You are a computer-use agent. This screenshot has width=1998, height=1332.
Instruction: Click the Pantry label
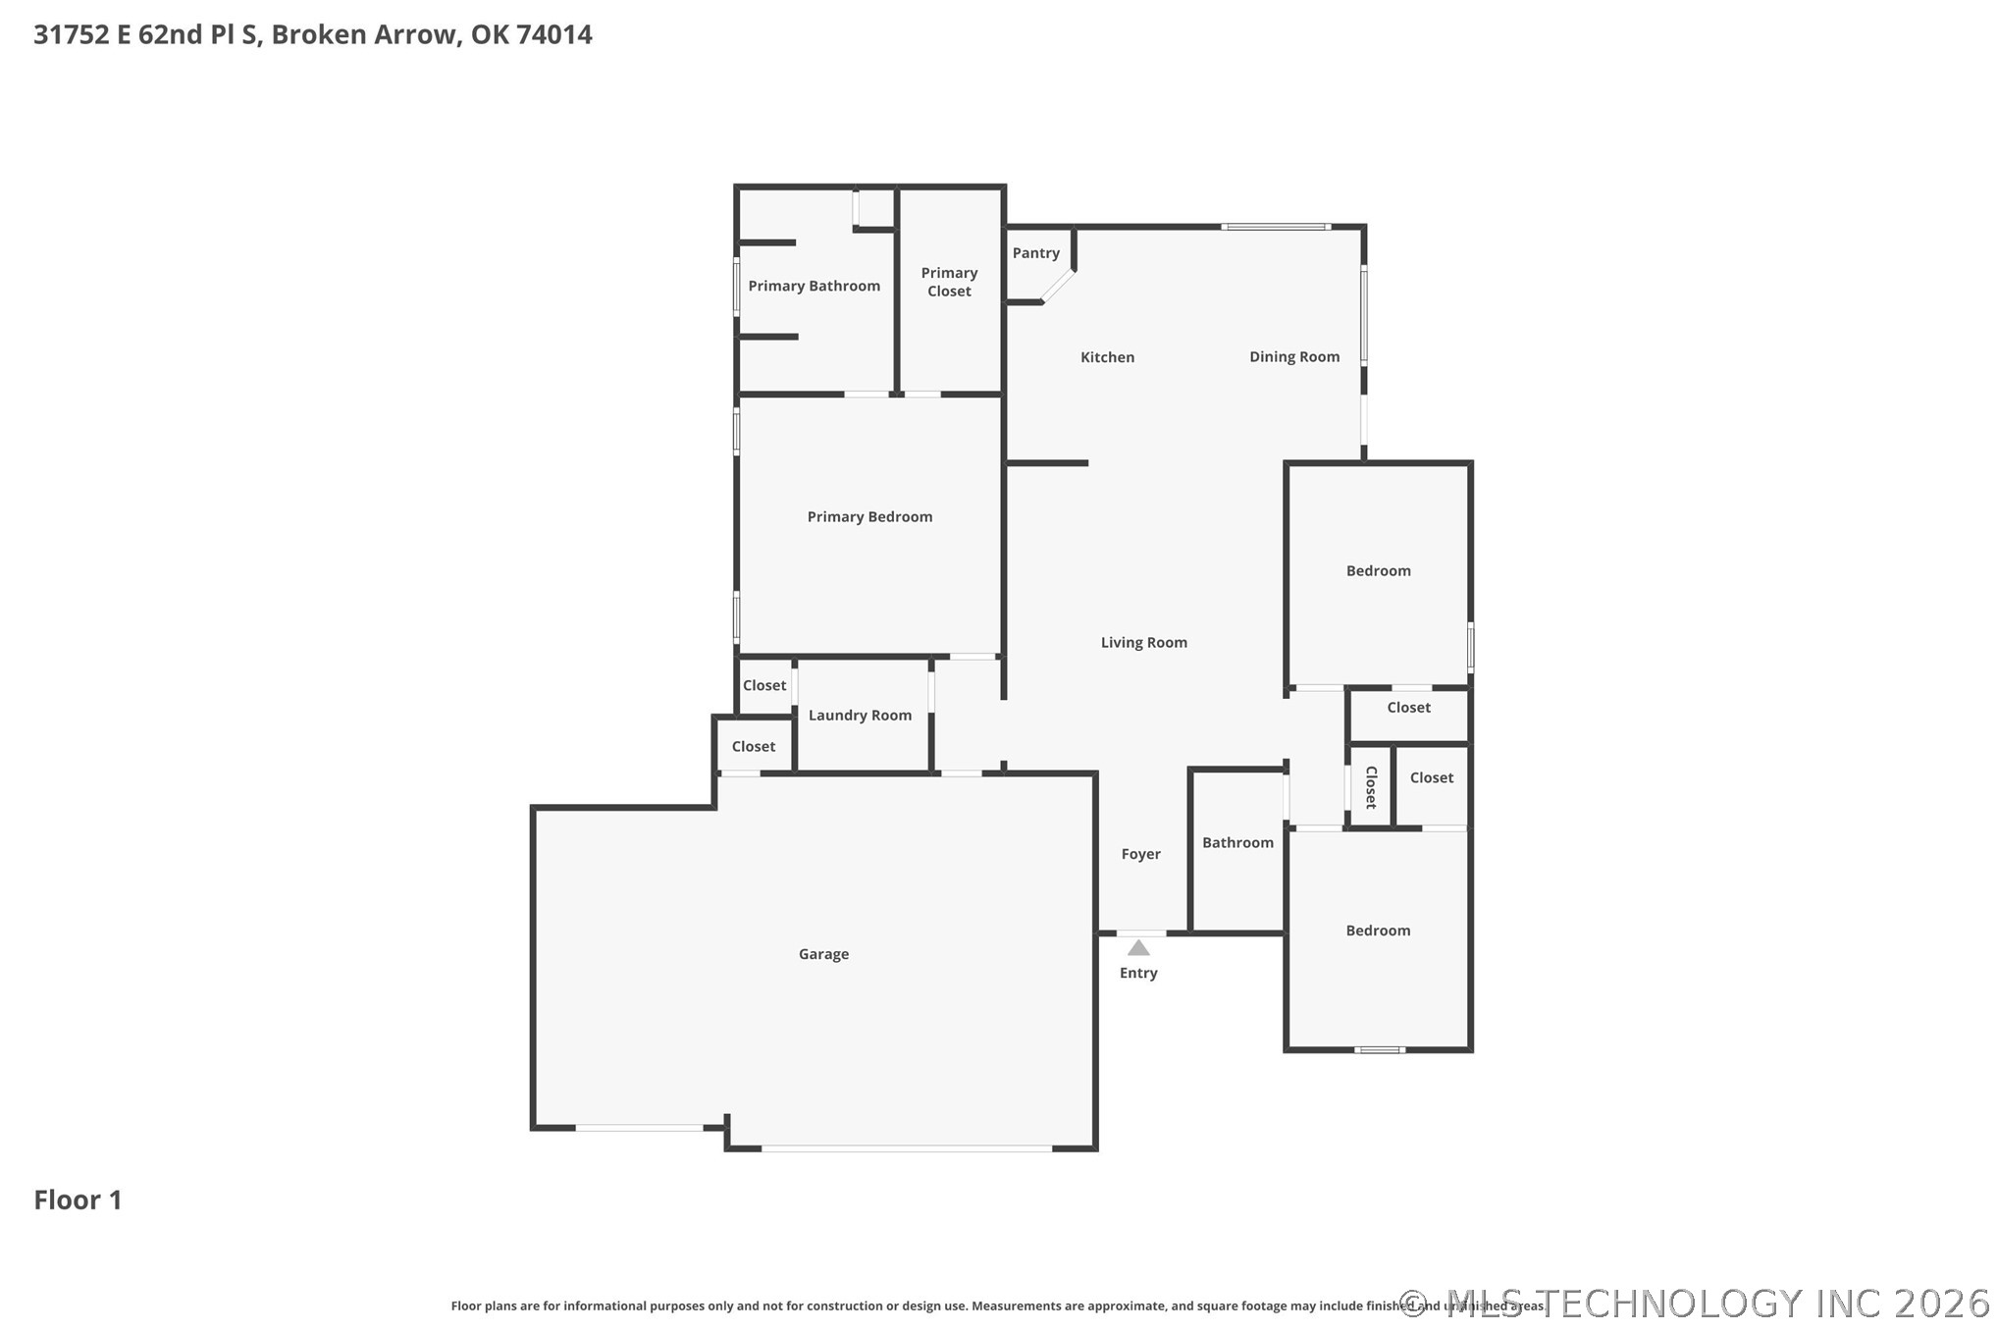[1035, 253]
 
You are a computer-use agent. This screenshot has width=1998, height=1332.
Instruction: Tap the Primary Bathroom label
[814, 286]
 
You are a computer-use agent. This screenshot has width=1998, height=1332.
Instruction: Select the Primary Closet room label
[949, 282]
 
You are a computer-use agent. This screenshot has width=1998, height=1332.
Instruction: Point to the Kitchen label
[1107, 357]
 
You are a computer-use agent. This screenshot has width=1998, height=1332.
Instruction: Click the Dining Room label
[1294, 357]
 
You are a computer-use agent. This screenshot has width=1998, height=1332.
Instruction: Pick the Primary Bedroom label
[869, 517]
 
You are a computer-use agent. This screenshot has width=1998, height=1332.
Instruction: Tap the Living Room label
[1143, 643]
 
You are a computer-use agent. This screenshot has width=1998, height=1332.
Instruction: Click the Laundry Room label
[860, 716]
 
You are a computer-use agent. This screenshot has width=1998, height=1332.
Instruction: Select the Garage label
[823, 954]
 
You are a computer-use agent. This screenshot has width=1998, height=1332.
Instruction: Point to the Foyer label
[1140, 855]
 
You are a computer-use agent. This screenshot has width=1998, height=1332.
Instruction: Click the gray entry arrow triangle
[1138, 948]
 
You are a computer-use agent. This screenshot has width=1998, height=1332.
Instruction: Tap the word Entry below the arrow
[1138, 973]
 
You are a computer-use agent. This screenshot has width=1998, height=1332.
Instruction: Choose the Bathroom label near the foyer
[1237, 843]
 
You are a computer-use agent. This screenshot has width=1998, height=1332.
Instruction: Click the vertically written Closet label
[1371, 787]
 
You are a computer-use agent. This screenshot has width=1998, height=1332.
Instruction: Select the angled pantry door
[1058, 286]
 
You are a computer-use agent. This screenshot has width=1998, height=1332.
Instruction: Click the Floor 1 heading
[78, 1199]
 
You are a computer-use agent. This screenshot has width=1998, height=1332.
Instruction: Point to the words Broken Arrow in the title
[363, 34]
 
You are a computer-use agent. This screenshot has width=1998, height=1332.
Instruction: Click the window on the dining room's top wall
[1276, 227]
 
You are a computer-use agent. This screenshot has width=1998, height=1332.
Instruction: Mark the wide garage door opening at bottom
[908, 1147]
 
